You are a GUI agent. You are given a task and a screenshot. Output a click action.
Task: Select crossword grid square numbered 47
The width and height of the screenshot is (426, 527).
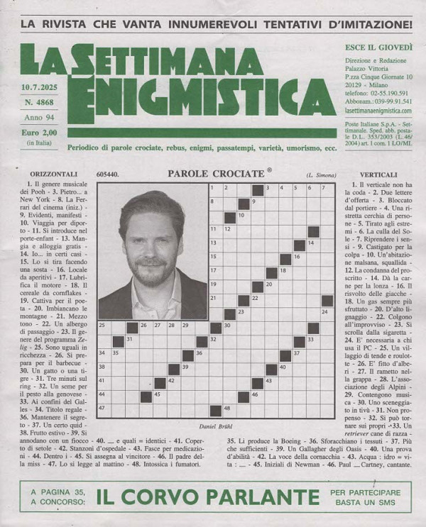coord(104,409)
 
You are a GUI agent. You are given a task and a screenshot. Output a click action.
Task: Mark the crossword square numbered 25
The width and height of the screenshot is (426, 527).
coord(104,327)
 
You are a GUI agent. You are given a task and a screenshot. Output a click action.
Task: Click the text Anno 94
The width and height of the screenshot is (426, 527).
coord(39,118)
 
